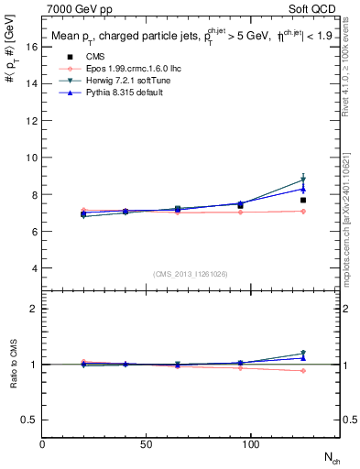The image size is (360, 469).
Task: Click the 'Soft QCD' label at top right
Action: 317,8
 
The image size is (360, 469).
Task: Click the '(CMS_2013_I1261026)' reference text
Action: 191,273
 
